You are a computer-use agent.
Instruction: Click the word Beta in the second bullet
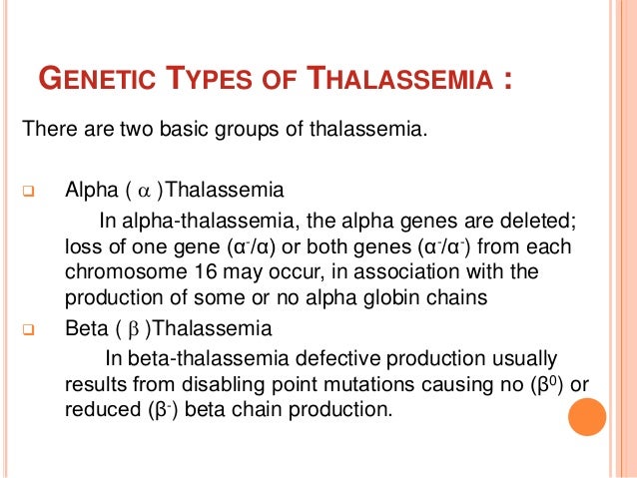click(86, 327)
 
